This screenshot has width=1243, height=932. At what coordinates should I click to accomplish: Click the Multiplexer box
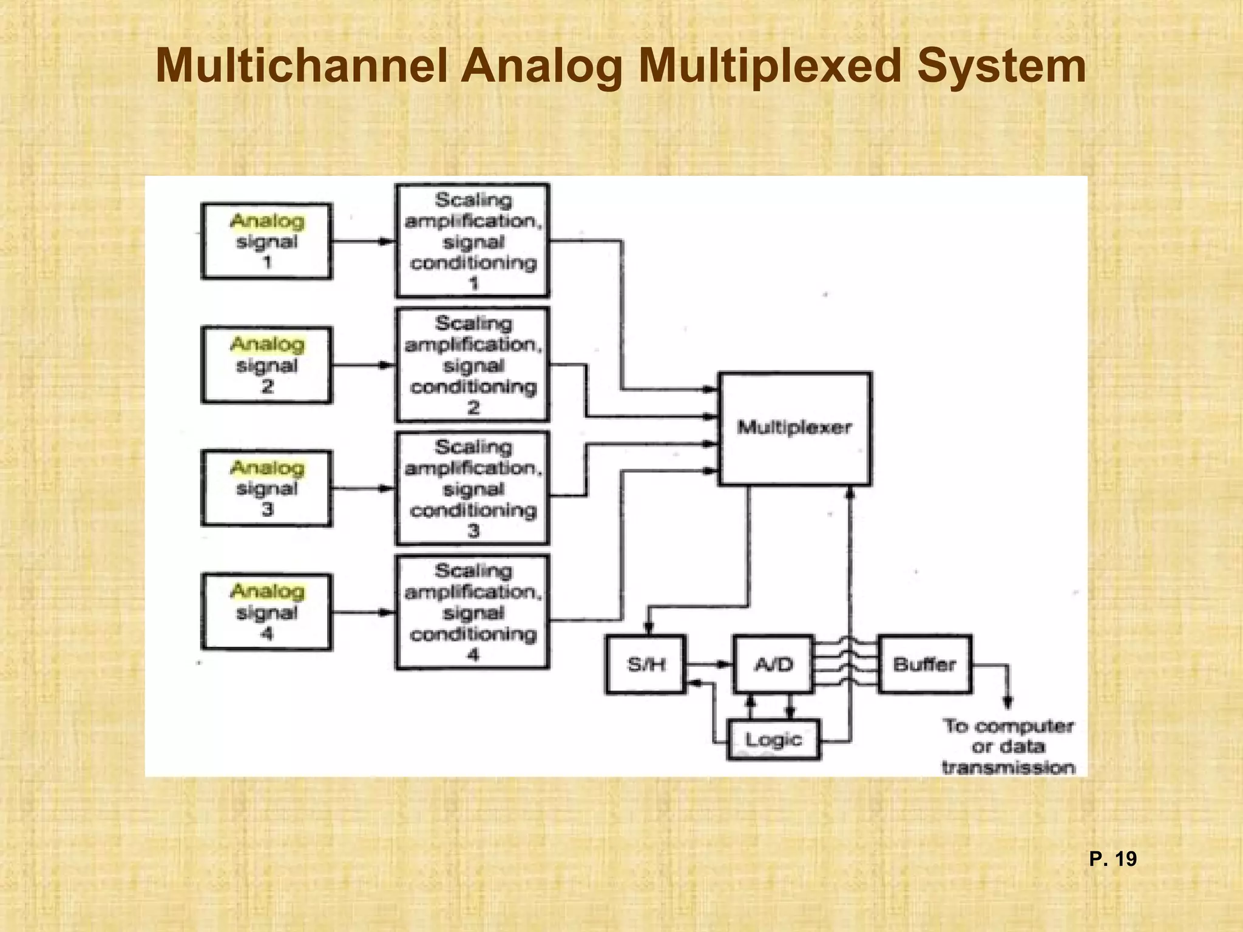pyautogui.click(x=794, y=428)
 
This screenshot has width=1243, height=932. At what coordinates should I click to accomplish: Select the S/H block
pyautogui.click(x=646, y=664)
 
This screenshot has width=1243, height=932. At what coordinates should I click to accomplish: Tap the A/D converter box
pyautogui.click(x=773, y=664)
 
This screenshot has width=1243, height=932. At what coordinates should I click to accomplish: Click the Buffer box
pyautogui.click(x=924, y=664)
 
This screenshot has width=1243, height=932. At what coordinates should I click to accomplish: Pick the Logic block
pyautogui.click(x=773, y=740)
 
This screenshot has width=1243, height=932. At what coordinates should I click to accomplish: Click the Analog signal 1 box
pyautogui.click(x=266, y=241)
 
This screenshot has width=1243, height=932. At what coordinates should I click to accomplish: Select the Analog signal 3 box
pyautogui.click(x=266, y=488)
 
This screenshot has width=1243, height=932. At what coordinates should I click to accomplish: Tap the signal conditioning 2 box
pyautogui.click(x=472, y=365)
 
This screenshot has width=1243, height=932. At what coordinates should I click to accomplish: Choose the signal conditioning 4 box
pyautogui.click(x=472, y=612)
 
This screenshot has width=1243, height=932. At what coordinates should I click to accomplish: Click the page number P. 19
pyautogui.click(x=1113, y=859)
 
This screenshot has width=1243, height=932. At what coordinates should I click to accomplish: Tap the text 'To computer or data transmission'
pyautogui.click(x=1008, y=746)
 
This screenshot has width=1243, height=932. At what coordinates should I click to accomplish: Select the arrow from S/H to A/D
pyautogui.click(x=709, y=664)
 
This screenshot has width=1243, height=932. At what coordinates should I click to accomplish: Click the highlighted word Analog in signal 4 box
pyautogui.click(x=267, y=591)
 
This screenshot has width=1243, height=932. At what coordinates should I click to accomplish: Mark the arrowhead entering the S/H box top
pyautogui.click(x=648, y=628)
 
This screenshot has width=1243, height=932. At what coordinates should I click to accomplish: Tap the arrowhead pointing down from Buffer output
pyautogui.click(x=1008, y=703)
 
